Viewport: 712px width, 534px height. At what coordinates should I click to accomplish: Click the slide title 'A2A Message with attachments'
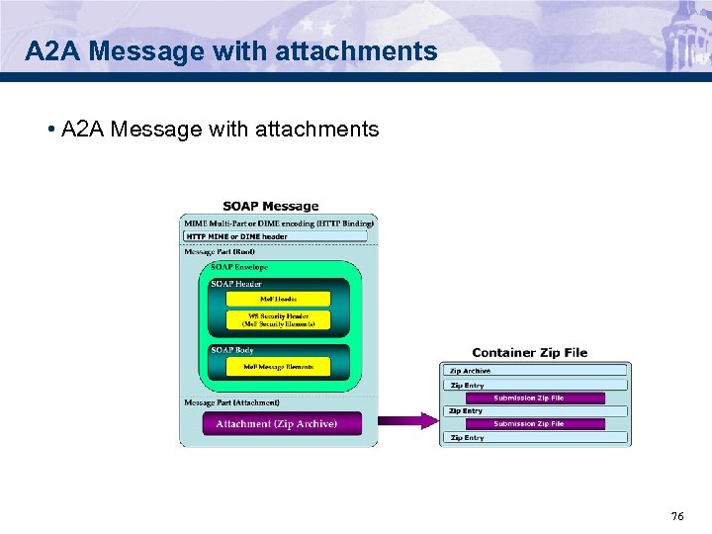tap(231, 51)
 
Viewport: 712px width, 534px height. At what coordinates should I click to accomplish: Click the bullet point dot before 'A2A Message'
tap(49, 130)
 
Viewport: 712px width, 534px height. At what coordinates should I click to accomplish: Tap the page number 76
tap(677, 515)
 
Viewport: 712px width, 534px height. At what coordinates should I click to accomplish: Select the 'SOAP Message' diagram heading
tap(271, 206)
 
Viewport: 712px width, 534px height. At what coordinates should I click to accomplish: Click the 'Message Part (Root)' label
tap(220, 252)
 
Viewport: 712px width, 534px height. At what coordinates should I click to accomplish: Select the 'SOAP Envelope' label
tap(239, 267)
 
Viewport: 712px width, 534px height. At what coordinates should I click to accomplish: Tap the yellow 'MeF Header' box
tap(278, 298)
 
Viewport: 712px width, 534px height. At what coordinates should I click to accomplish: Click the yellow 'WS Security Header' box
tap(278, 319)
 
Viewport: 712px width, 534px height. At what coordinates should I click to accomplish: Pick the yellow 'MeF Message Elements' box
tap(278, 367)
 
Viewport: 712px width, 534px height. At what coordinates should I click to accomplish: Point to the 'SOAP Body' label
tap(231, 350)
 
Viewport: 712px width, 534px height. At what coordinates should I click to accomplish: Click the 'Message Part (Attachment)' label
tap(232, 402)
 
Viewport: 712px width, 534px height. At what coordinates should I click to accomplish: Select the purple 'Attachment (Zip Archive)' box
tap(277, 423)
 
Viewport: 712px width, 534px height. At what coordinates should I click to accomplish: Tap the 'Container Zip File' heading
tap(529, 352)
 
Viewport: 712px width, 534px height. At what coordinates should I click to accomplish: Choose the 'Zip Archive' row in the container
tap(534, 371)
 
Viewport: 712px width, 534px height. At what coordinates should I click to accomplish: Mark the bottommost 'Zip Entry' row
tap(534, 437)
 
